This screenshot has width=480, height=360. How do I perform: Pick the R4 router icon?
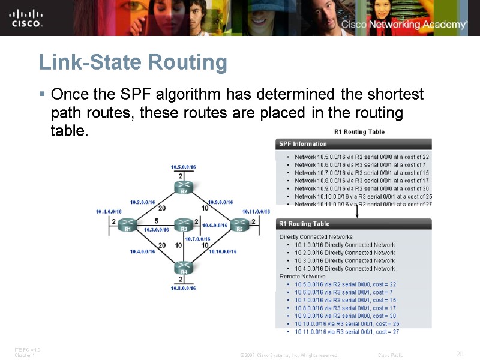[184, 267]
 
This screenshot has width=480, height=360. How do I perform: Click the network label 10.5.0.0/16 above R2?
[184, 167]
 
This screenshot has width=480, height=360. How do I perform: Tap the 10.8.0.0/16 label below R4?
[184, 288]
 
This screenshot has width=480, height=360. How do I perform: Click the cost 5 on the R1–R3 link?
[155, 220]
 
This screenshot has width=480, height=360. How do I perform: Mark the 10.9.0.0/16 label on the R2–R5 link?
[220, 202]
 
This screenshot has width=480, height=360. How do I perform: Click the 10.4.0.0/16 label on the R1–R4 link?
[142, 251]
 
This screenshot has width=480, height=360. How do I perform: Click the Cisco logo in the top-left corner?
[26, 17]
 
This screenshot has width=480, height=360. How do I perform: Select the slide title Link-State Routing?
[133, 62]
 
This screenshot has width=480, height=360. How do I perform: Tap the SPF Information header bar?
[353, 144]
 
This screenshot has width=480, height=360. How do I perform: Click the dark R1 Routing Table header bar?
[353, 224]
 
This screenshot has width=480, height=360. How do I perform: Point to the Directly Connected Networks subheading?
[316, 237]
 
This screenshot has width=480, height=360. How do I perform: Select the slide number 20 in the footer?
[460, 354]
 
